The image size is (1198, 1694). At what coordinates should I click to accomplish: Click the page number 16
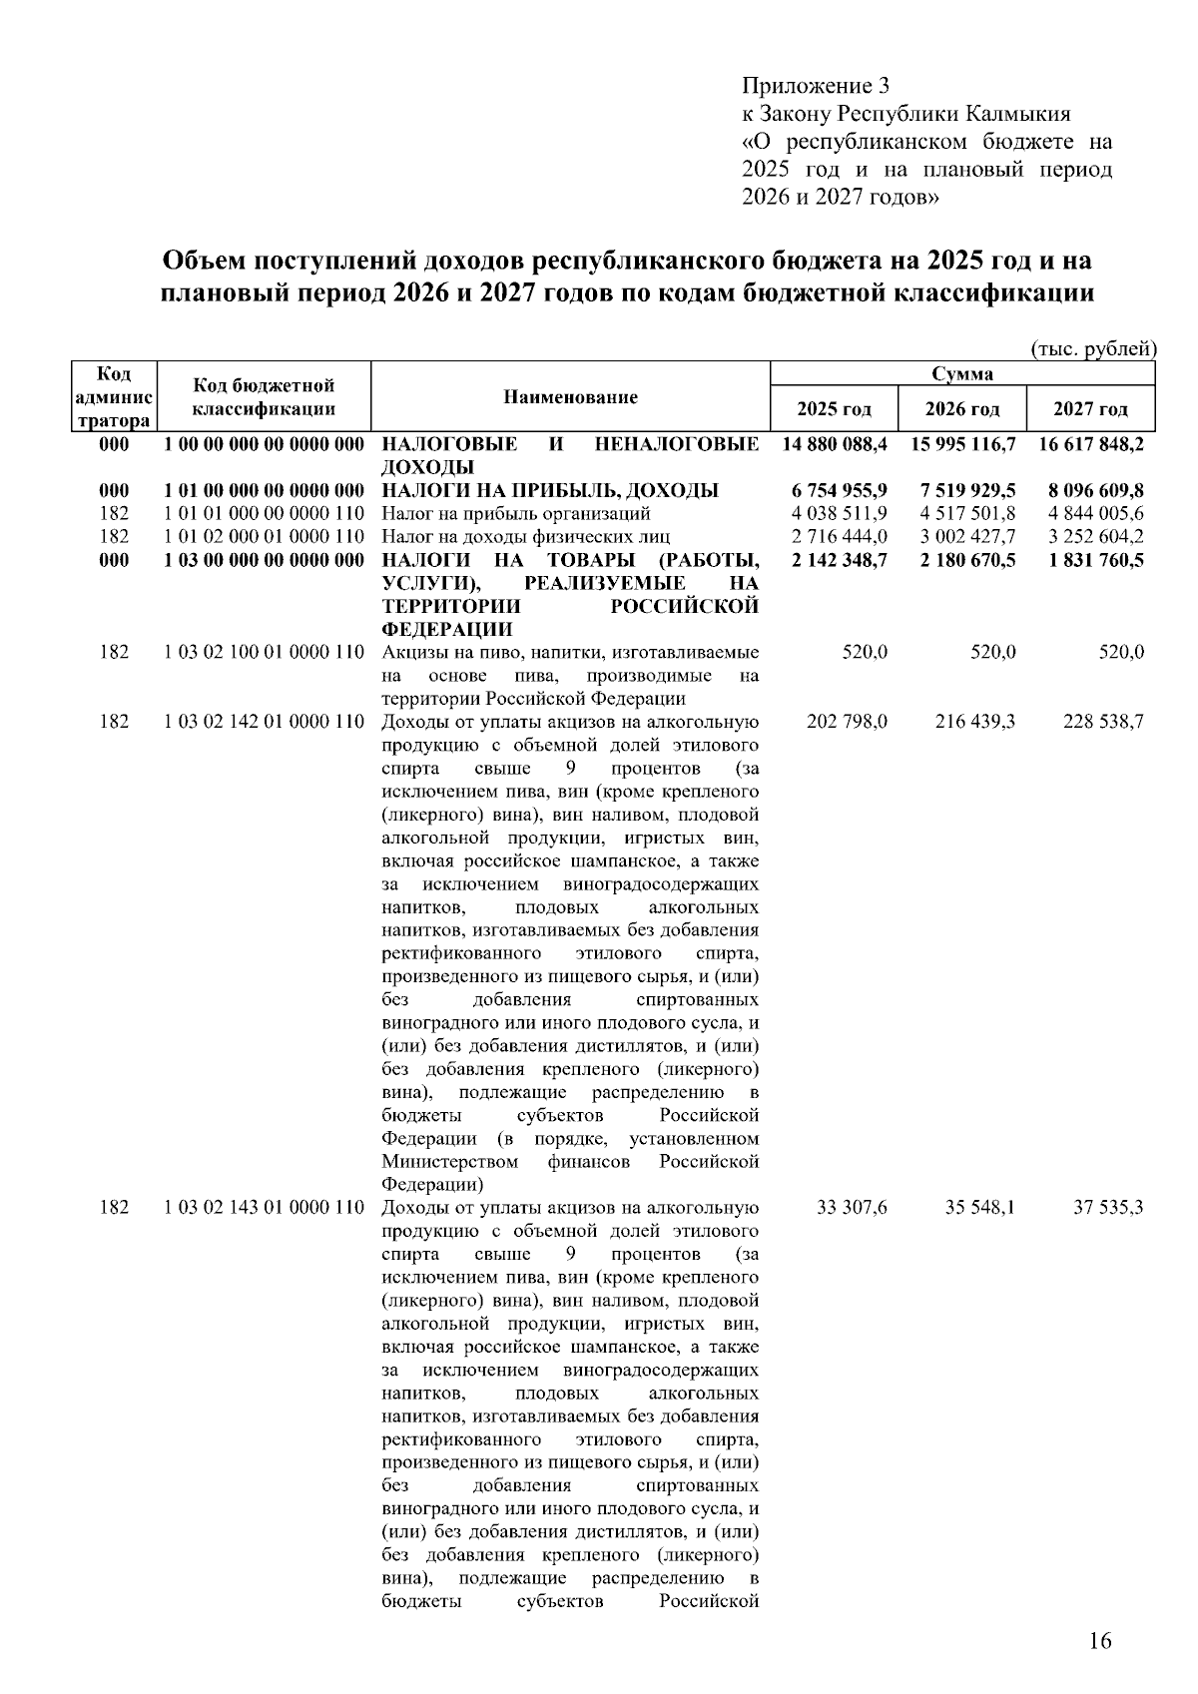[1099, 1641]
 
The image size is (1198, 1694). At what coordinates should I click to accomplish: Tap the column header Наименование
[570, 397]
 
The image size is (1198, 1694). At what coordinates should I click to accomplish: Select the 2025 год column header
[834, 409]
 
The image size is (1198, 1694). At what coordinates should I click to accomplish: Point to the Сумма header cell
[961, 374]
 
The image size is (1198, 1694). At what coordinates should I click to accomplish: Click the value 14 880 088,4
[835, 444]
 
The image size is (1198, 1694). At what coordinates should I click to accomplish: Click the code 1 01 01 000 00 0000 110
[265, 514]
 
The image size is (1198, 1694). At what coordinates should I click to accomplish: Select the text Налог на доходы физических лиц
[515, 537]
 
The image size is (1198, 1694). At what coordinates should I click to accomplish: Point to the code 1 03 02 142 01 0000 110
[265, 722]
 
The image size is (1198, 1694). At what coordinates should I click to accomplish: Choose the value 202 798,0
[846, 722]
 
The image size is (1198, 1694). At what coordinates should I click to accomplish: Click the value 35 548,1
[979, 1208]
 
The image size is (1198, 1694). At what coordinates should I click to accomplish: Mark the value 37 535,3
[1107, 1208]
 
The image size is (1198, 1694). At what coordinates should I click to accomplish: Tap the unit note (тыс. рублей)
[1092, 349]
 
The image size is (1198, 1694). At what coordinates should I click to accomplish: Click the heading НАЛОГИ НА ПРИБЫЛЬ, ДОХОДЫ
[550, 490]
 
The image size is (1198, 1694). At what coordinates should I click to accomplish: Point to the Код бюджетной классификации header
[264, 397]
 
